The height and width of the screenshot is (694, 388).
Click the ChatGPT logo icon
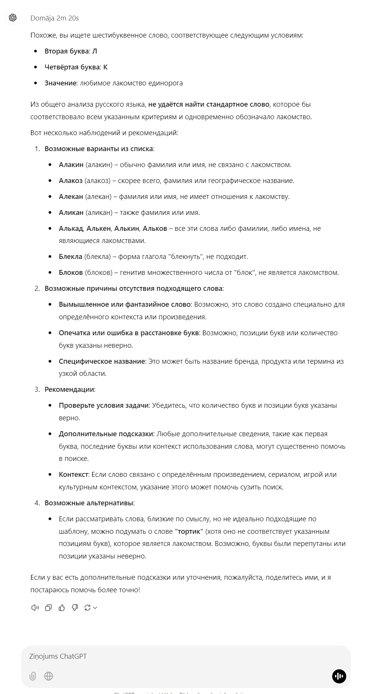point(13,18)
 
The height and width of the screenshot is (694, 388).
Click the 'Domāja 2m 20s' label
point(55,18)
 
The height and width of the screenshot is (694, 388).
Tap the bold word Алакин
point(71,165)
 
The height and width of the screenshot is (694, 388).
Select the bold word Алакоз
point(71,181)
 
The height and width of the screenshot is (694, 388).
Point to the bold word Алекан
point(71,197)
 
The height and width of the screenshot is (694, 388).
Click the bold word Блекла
point(71,257)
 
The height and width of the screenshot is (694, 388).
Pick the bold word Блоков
point(71,273)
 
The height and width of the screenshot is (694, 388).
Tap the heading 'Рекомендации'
point(69,390)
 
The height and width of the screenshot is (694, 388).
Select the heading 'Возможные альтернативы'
point(89,503)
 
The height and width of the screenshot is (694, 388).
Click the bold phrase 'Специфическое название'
point(102,361)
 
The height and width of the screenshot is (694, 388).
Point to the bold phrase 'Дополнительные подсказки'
point(106,434)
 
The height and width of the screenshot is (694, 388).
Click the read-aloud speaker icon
point(35,608)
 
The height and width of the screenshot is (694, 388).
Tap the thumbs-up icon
point(62,608)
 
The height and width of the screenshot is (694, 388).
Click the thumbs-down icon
point(75,608)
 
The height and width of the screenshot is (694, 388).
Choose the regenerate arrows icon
point(88,608)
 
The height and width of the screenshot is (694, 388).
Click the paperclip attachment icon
point(33,676)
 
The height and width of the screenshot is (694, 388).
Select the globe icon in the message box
point(49,676)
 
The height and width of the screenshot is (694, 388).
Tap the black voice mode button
point(339,676)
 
